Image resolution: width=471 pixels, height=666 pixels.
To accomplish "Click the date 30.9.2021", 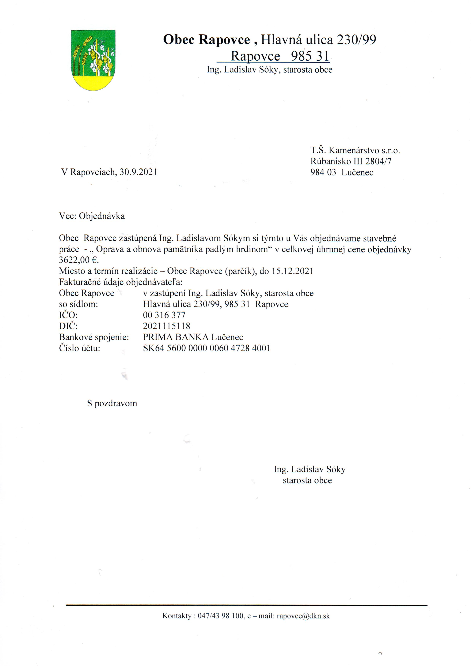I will (x=138, y=172).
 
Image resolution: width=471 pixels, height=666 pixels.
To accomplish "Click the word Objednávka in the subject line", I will (x=102, y=216).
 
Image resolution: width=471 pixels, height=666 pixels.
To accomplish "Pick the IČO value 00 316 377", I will (x=164, y=315).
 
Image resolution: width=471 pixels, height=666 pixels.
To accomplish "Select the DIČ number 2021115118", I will (x=166, y=326).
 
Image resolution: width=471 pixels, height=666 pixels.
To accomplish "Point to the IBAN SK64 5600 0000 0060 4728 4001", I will (x=206, y=348).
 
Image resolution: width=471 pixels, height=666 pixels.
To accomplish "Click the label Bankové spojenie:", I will (x=94, y=337).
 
